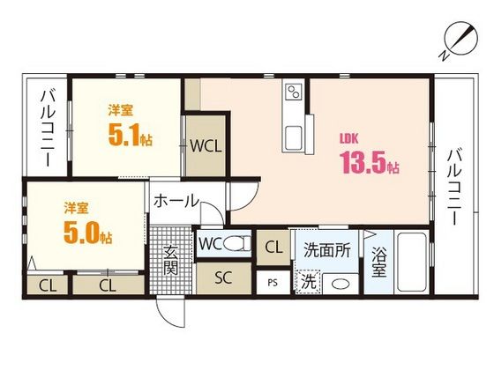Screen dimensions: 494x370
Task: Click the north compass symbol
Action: (460, 41)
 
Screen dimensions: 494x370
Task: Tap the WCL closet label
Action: (206, 145)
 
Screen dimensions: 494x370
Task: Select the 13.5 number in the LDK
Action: (363, 162)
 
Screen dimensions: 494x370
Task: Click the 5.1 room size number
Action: (123, 134)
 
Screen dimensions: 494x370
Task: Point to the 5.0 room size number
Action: (81, 233)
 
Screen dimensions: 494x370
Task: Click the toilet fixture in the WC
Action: (236, 243)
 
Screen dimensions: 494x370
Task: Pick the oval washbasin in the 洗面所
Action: (341, 285)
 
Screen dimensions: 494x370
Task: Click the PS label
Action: (273, 283)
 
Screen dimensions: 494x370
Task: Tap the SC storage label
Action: (223, 277)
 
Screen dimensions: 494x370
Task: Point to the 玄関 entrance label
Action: (171, 260)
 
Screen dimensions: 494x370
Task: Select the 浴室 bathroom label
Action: (378, 262)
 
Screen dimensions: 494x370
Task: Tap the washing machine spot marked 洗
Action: (309, 282)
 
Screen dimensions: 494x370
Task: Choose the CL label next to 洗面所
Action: (273, 248)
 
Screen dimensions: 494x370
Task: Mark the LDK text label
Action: (348, 139)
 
